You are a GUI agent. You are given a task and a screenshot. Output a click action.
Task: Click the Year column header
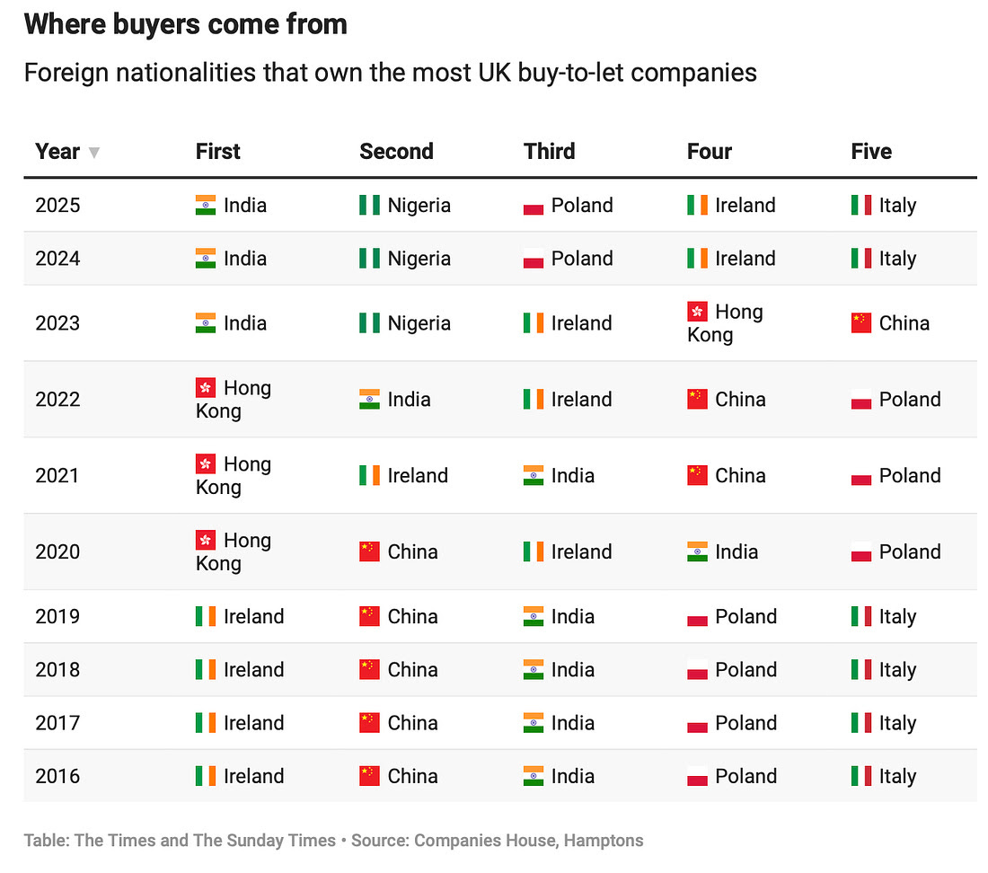(x=57, y=151)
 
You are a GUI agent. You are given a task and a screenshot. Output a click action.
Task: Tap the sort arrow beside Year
(x=93, y=153)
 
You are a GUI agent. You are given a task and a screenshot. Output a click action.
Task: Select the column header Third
(x=549, y=151)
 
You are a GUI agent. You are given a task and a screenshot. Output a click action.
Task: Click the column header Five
(x=870, y=151)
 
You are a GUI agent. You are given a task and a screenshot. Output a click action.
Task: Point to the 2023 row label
(x=57, y=323)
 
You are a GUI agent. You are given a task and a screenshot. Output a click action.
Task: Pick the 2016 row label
(x=57, y=776)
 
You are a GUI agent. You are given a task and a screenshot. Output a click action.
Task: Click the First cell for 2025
(x=232, y=205)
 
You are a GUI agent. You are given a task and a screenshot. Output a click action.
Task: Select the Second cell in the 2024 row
(x=405, y=259)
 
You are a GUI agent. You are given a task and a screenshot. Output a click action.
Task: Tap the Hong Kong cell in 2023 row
(x=725, y=323)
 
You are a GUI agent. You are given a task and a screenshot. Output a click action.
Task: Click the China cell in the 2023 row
(x=890, y=323)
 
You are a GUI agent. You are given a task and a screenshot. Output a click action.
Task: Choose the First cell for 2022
(x=234, y=400)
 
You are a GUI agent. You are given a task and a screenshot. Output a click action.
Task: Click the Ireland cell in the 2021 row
(x=404, y=476)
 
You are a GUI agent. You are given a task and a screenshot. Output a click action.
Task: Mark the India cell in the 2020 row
(x=723, y=551)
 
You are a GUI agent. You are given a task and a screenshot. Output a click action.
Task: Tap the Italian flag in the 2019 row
(x=861, y=617)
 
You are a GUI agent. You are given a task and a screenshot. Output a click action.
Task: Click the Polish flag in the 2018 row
(x=697, y=670)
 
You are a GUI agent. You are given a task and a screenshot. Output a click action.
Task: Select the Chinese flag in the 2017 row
(x=369, y=723)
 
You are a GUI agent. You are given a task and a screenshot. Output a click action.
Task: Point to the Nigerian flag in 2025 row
(x=369, y=206)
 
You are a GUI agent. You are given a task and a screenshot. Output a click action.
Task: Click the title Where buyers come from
(x=186, y=24)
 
